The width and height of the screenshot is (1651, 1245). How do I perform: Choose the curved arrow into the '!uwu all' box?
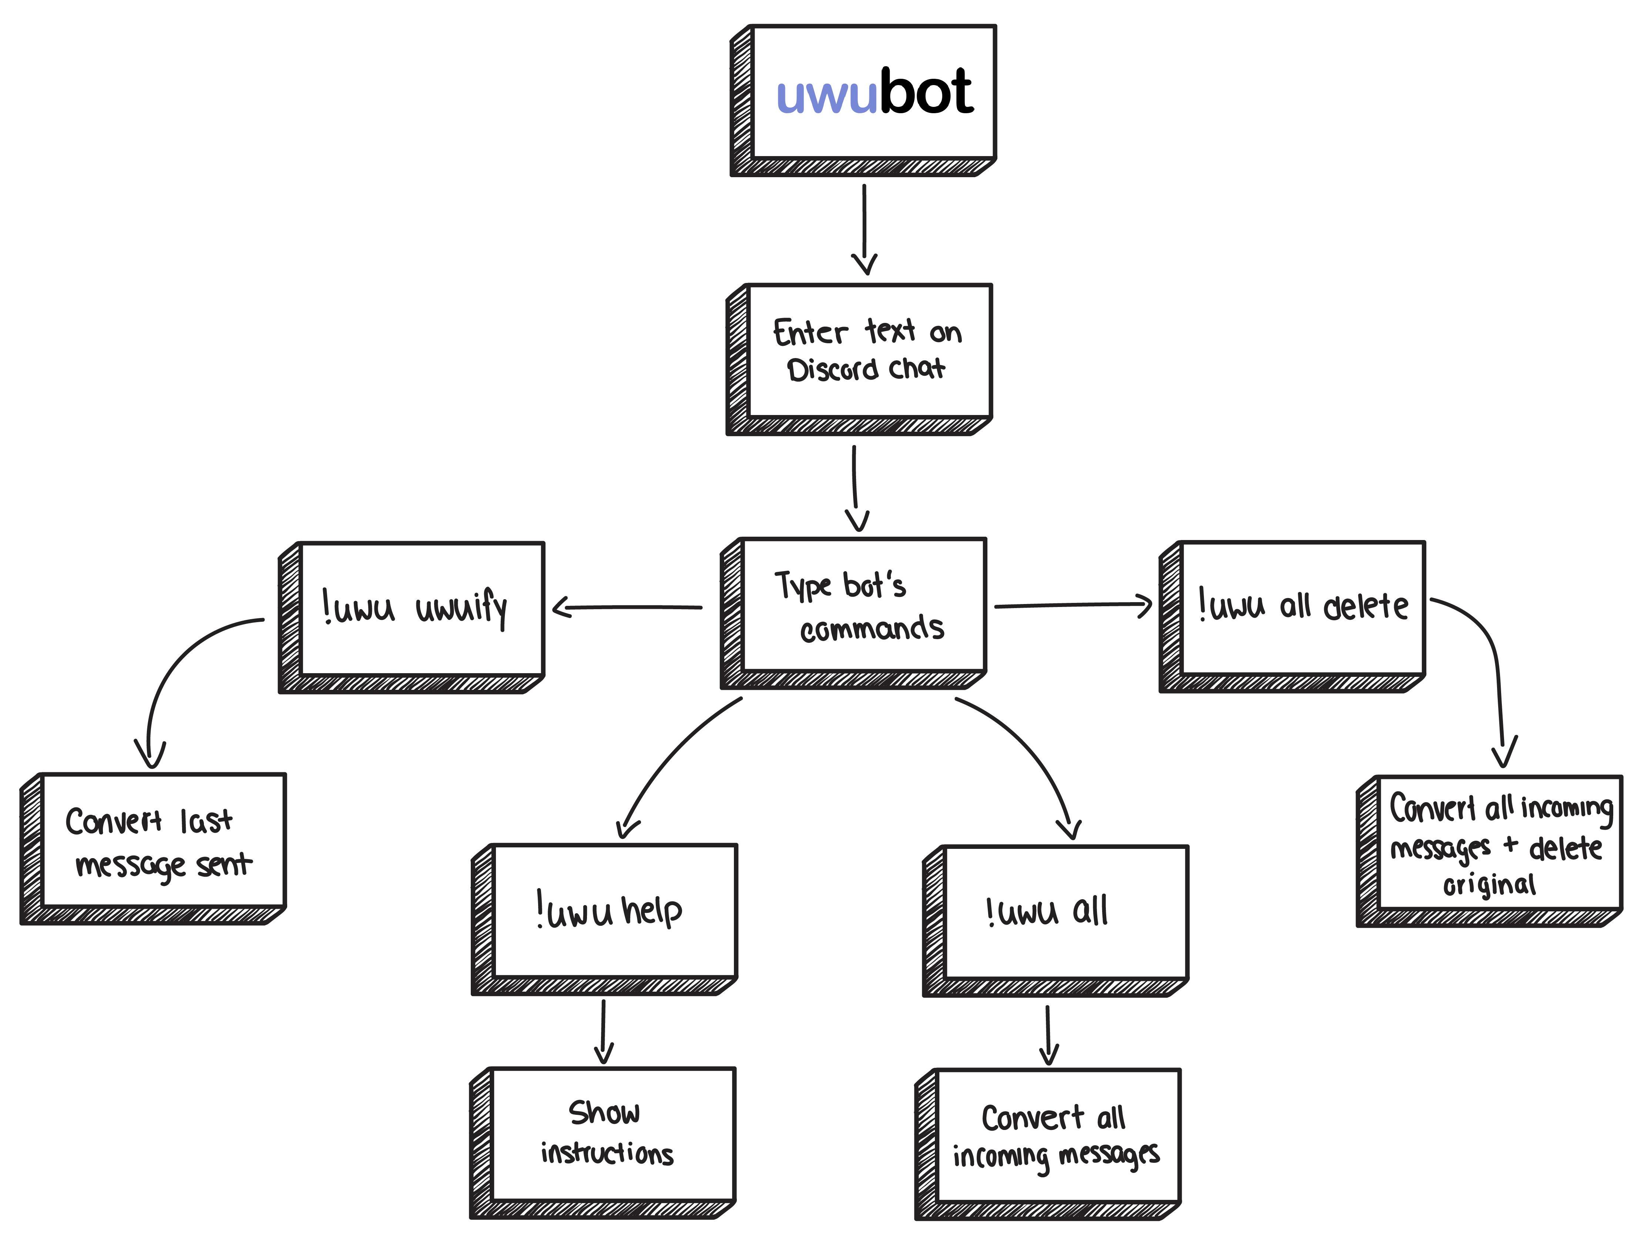1030,753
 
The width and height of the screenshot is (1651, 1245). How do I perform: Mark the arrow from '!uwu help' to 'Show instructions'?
603,1029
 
